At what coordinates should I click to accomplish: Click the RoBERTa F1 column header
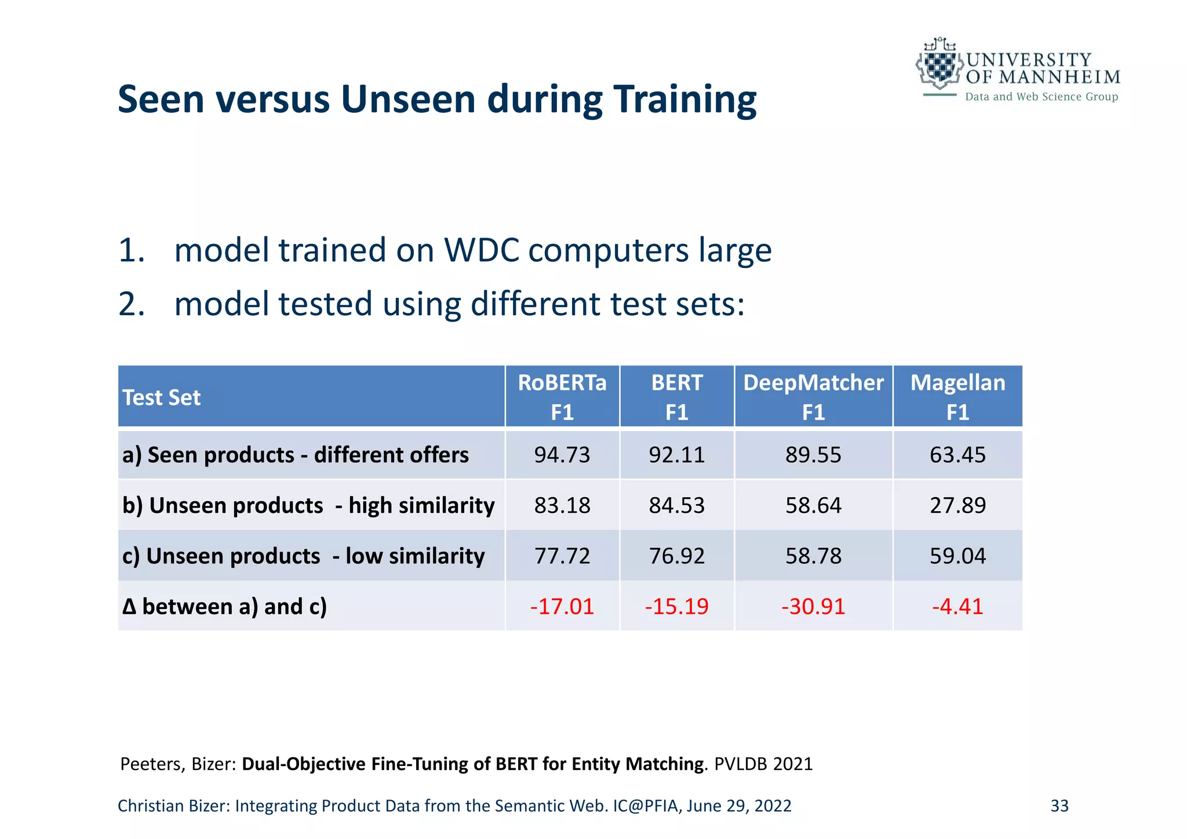pyautogui.click(x=562, y=397)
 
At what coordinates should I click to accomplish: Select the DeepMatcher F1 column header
pyautogui.click(x=813, y=397)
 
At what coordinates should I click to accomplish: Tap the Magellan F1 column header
pyautogui.click(x=957, y=397)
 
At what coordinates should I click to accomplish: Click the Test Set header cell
pyautogui.click(x=162, y=398)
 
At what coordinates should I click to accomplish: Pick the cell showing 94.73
pyautogui.click(x=562, y=455)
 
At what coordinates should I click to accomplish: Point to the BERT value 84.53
pyautogui.click(x=676, y=505)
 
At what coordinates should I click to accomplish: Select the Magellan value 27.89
pyautogui.click(x=957, y=505)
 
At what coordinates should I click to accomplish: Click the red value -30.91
pyautogui.click(x=813, y=607)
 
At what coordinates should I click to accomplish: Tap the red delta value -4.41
pyautogui.click(x=957, y=607)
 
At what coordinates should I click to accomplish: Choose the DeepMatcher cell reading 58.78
pyautogui.click(x=813, y=556)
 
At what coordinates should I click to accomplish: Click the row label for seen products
pyautogui.click(x=295, y=455)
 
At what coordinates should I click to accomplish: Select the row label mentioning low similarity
pyautogui.click(x=303, y=556)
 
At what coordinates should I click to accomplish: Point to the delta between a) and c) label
pyautogui.click(x=224, y=607)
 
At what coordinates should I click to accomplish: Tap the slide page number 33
pyautogui.click(x=1059, y=806)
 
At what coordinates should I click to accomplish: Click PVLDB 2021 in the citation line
pyautogui.click(x=763, y=764)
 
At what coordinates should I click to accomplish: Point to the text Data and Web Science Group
pyautogui.click(x=1041, y=97)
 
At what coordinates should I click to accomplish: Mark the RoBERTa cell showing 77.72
pyautogui.click(x=562, y=556)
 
